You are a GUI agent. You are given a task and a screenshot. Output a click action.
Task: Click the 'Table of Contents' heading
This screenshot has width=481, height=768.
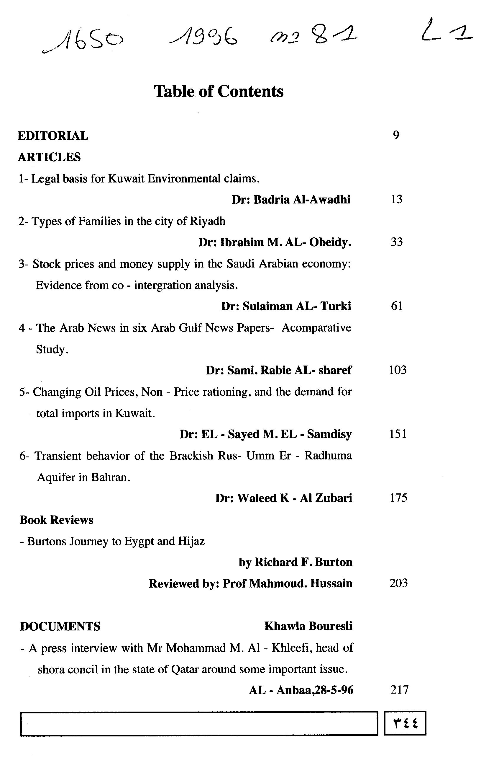pos(219,91)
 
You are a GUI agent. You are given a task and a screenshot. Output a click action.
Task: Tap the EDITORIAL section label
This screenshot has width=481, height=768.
pos(53,136)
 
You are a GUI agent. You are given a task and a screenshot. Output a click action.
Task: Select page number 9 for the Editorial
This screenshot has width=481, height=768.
pos(396,135)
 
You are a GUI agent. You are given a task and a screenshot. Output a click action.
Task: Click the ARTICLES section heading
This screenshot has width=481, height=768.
pos(49,157)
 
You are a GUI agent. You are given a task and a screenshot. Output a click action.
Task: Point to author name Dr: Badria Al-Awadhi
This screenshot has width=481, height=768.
pos(291,200)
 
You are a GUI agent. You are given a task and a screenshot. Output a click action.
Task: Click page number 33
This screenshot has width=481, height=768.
pos(397,242)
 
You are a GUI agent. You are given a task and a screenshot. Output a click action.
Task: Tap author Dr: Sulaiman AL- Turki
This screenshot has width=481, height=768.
pos(286,306)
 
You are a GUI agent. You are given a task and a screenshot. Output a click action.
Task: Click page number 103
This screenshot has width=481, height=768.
pos(398,370)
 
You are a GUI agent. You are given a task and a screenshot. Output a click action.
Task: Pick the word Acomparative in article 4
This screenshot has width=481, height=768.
pos(316,328)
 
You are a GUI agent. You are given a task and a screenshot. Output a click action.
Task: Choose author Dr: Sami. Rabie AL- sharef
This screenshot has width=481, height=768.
pos(279,370)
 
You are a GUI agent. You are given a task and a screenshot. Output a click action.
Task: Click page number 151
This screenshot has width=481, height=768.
pos(398,434)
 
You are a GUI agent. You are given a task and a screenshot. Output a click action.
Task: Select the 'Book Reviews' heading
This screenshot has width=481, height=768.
pos(56,520)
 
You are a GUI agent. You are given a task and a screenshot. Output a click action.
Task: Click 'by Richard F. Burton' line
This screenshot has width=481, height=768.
pos(296,562)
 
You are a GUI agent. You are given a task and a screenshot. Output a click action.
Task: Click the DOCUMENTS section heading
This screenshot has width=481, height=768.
pos(60,626)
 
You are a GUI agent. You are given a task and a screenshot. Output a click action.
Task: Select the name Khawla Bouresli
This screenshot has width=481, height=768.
pos(308,626)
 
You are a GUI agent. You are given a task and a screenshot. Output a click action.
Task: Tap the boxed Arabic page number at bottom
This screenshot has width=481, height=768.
pos(405,723)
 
